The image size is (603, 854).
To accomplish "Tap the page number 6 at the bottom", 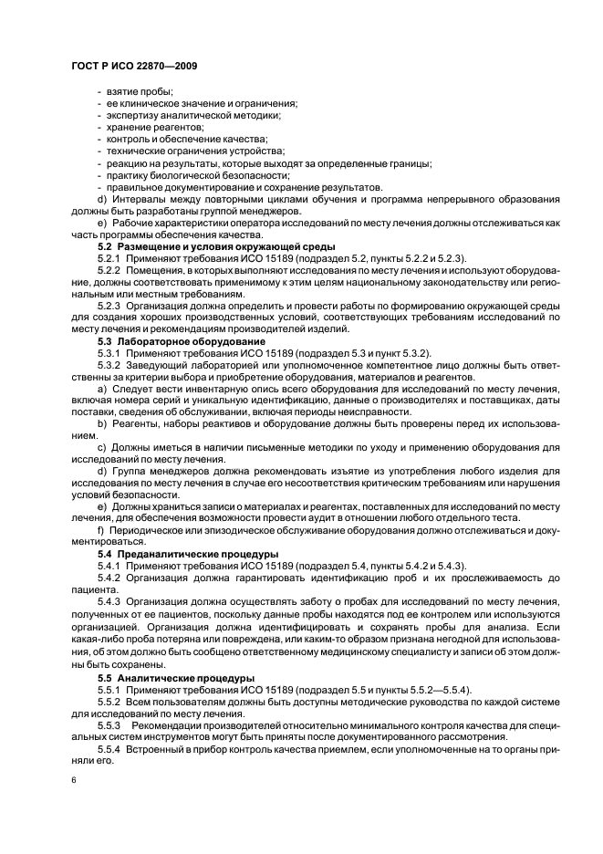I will point(74,781).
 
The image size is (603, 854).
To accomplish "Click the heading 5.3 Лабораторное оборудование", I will point(169,339).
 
